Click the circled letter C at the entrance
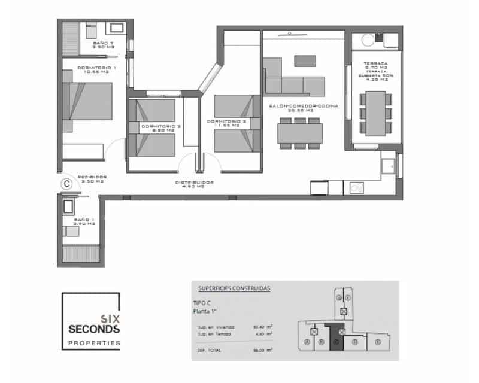point(68,185)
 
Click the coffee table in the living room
point(305,61)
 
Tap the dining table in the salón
point(300,132)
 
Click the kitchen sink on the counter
point(390,166)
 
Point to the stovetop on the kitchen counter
point(358,187)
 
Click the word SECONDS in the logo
point(95,329)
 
